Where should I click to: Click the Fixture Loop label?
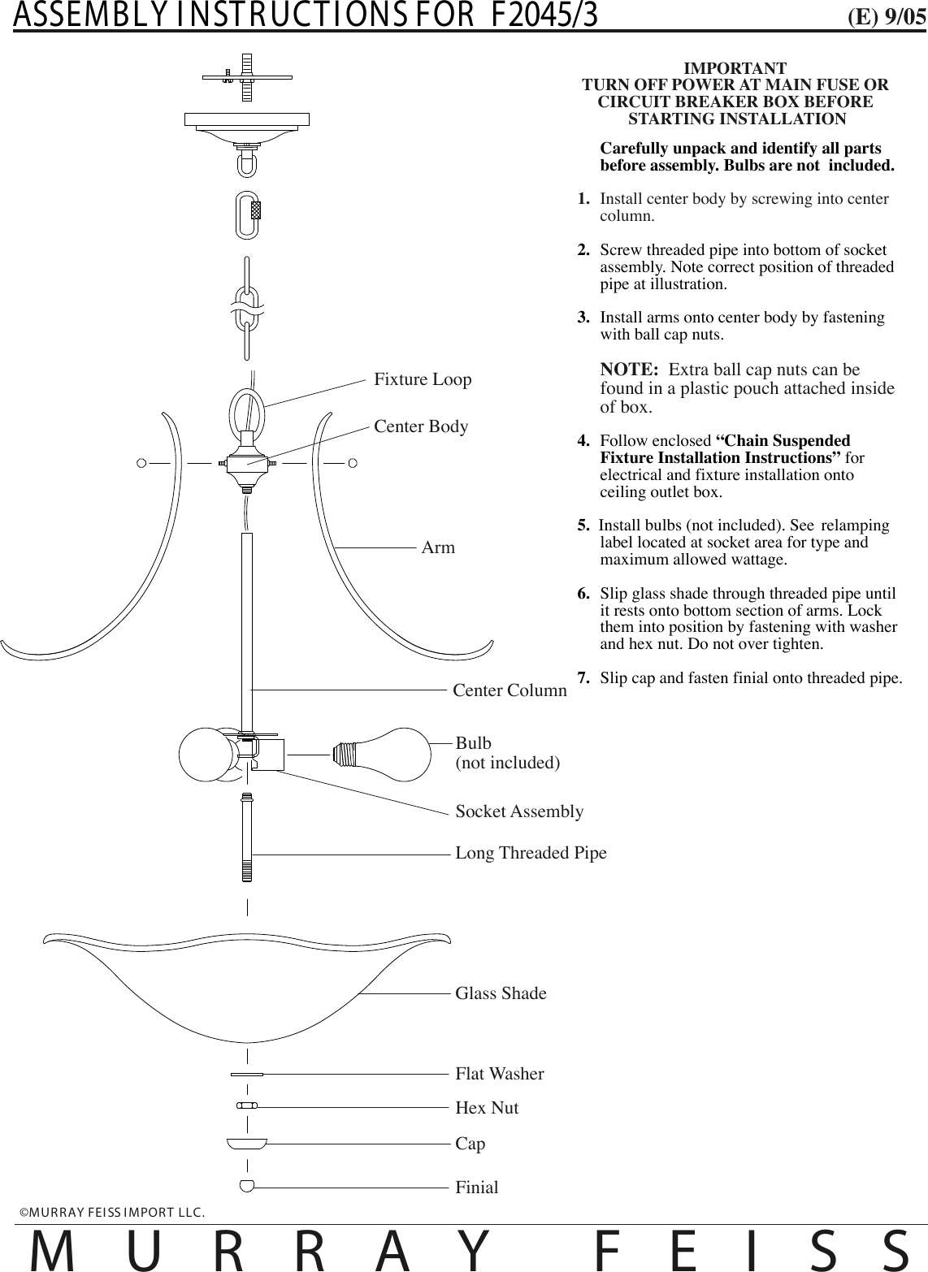coord(423,379)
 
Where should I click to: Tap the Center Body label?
coord(421,426)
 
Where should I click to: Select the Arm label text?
coord(438,547)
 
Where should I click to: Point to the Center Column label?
coord(510,690)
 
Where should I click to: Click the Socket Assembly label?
coord(519,811)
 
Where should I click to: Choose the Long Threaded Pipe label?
coord(531,853)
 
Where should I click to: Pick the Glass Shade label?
coord(501,993)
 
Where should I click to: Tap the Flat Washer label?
coord(499,1074)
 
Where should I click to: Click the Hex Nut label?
coord(487,1108)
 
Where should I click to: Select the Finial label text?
coord(477,1188)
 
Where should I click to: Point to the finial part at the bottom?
coord(247,1185)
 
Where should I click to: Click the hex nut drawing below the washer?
coord(247,1105)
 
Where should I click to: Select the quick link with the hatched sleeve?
coord(248,214)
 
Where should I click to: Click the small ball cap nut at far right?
coord(353,463)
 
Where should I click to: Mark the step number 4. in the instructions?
coord(583,441)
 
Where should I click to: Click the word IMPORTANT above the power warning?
coord(735,67)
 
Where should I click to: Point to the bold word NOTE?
coord(628,370)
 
